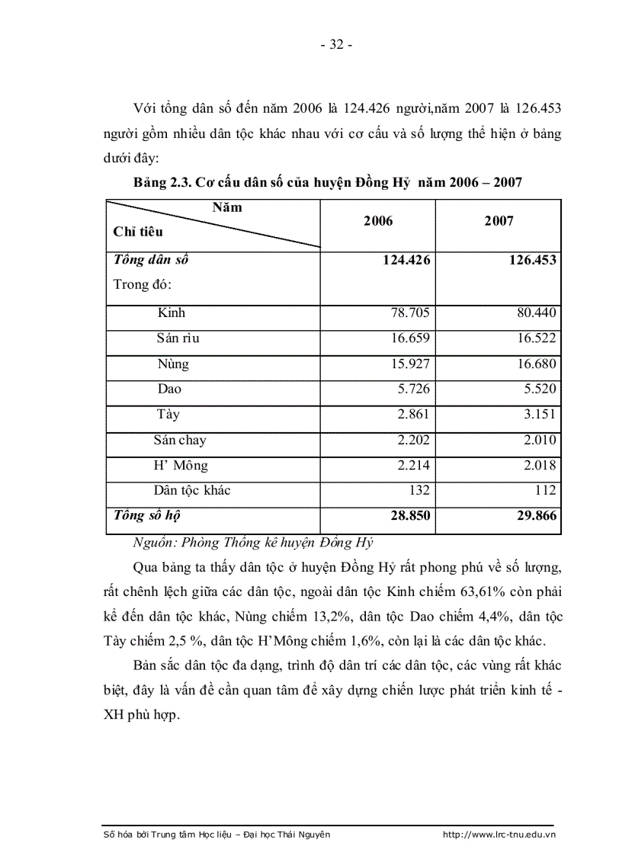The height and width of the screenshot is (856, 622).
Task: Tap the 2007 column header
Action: (x=499, y=221)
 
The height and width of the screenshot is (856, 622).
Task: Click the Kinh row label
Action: (x=172, y=313)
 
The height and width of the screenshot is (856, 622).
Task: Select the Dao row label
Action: (x=169, y=390)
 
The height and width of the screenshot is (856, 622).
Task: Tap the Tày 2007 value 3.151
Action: (x=537, y=415)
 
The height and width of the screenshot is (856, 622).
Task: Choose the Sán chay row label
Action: (x=180, y=441)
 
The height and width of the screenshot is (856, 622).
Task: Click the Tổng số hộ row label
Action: (x=146, y=515)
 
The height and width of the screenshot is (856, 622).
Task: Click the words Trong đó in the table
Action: (x=142, y=285)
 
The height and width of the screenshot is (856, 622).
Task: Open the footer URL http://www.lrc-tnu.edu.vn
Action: (x=499, y=835)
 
